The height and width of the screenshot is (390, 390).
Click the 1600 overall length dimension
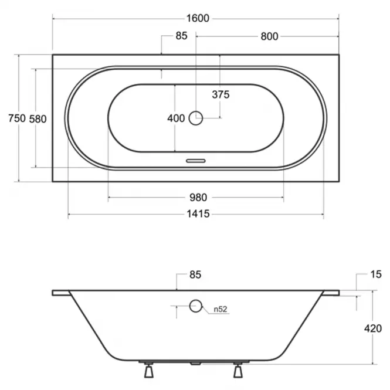[x=198, y=18]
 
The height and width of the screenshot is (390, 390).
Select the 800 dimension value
[x=269, y=36]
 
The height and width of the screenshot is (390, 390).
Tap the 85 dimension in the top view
[x=181, y=36]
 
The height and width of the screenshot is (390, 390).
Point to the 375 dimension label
[x=221, y=94]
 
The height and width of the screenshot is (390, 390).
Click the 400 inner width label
[x=176, y=118]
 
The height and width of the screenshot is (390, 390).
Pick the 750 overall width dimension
[x=17, y=118]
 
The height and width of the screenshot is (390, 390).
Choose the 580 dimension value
[x=38, y=119]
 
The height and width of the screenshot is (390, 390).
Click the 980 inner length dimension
[x=198, y=198]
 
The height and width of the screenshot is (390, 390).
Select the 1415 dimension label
[x=198, y=214]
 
